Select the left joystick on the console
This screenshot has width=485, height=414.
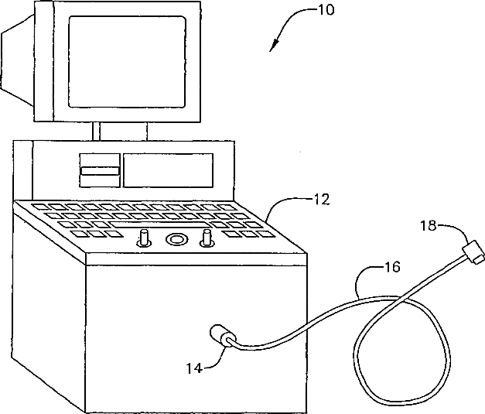[144, 239]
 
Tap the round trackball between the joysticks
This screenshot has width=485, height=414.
[176, 239]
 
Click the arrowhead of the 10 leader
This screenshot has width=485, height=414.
[272, 49]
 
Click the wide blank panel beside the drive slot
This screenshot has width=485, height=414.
[168, 169]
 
